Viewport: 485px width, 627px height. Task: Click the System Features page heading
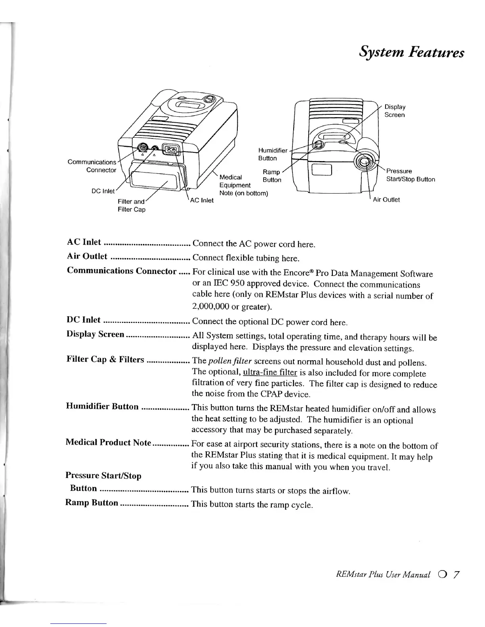411,52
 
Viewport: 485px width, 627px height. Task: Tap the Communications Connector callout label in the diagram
92,166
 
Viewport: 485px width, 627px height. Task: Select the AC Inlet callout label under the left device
202,200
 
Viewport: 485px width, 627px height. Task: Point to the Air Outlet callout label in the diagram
386,199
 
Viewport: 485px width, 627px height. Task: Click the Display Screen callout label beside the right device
395,111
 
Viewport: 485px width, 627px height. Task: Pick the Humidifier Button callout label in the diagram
272,154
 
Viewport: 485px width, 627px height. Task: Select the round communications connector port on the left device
143,149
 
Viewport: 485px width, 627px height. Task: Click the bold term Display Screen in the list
95,334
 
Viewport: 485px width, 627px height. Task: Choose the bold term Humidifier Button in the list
102,407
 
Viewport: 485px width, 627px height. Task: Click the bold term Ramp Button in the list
92,503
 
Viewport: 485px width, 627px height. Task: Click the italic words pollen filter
230,361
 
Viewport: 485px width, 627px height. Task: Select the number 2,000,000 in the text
211,307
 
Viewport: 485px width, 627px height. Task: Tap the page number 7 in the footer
456,574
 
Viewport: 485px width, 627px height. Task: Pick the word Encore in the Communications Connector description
297,273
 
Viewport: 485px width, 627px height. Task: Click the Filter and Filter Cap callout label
132,205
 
